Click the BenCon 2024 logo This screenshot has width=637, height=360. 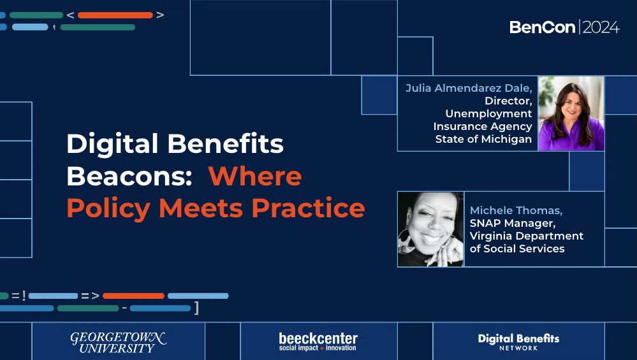tap(564, 27)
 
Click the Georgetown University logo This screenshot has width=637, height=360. tap(118, 342)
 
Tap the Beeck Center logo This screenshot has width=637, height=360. tap(318, 342)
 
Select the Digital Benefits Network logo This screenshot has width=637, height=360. tap(518, 341)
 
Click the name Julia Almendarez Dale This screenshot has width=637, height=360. tap(469, 88)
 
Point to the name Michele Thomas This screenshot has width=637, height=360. tap(516, 210)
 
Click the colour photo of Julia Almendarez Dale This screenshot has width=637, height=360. tap(571, 113)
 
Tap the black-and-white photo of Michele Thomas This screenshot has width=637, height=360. tap(430, 229)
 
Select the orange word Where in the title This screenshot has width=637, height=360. tap(255, 176)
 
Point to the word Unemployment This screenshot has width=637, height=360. tap(488, 113)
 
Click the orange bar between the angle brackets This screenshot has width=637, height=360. tap(115, 15)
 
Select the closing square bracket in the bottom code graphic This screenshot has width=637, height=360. tap(196, 308)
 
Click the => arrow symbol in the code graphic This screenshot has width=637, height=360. tap(90, 296)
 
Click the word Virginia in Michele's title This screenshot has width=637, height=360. tap(492, 236)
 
